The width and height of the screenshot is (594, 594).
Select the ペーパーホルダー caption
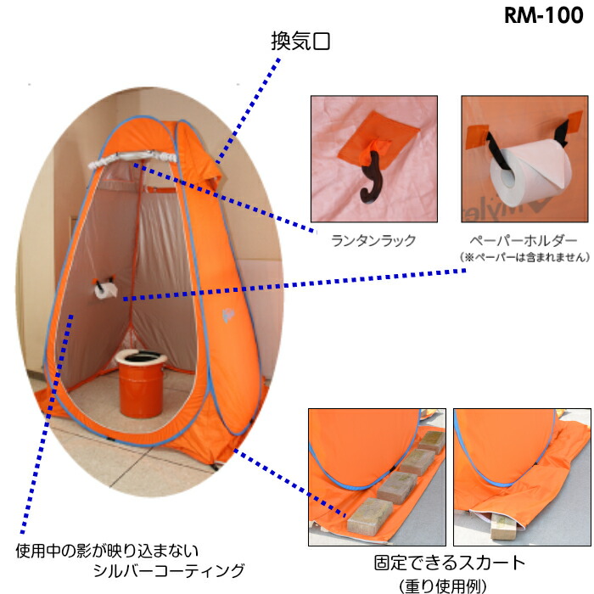(523, 240)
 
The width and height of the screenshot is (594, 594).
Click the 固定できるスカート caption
(450, 563)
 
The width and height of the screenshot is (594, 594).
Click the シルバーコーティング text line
(170, 569)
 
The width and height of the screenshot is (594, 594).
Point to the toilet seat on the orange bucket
(140, 357)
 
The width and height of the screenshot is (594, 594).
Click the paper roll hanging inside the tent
(105, 291)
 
